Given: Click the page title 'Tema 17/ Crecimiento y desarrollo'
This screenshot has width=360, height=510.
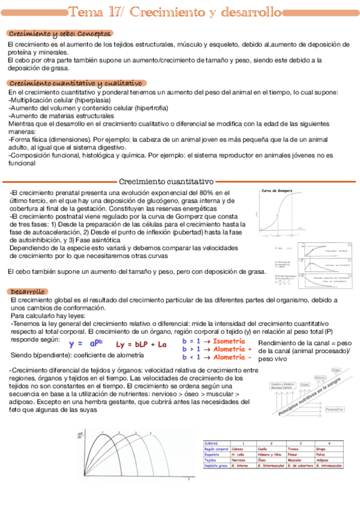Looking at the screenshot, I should coord(175,12).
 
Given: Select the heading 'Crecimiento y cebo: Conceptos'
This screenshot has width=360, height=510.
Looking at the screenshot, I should coord(59,34).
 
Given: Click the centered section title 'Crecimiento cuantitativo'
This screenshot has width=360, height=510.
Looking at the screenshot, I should coord(166,181).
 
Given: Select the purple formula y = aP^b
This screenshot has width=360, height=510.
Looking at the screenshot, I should coord(87,343).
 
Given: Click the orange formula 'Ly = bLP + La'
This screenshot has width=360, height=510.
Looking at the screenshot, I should coord(141,344).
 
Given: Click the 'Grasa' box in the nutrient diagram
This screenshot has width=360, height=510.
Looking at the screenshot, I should coord(336,369).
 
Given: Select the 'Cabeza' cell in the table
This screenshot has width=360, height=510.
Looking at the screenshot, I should coord(239,449).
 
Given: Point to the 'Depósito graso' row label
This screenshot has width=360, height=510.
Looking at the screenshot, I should coord(216,465).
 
